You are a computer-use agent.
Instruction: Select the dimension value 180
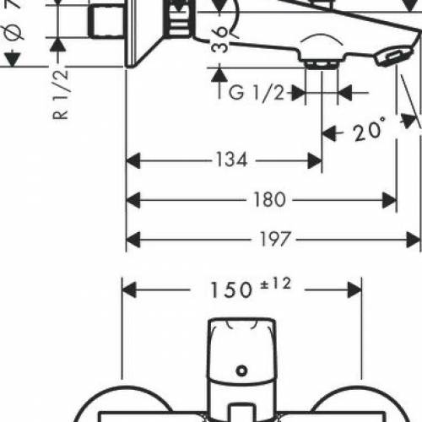pos(268,199)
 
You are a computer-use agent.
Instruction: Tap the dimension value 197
pos(271,240)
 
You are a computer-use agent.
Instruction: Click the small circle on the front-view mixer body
pos(243,369)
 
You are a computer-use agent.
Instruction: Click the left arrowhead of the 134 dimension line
pos(131,159)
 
